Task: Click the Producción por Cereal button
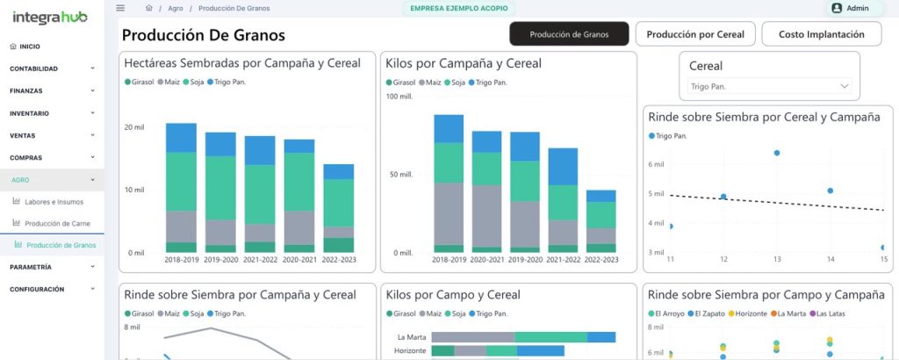695,34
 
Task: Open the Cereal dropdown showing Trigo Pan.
770,86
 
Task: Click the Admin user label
850,8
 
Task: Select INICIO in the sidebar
29,46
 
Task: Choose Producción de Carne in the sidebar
57,223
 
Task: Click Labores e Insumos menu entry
54,201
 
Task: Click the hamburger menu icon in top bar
120,8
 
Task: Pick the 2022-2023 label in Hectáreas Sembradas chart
338,260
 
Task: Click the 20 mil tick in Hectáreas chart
133,127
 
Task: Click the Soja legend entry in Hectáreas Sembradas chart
192,82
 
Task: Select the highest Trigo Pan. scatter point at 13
777,153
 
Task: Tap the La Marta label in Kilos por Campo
411,336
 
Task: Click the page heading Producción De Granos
203,36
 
